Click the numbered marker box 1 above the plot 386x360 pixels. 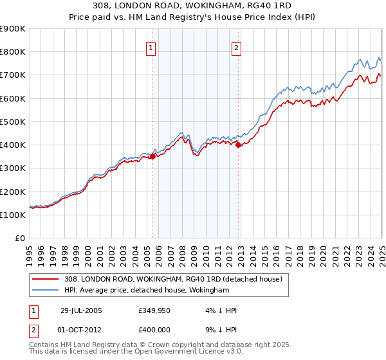pos(151,47)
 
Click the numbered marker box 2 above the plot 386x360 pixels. pos(236,47)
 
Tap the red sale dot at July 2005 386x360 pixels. pos(153,156)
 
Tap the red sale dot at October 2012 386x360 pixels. pos(239,145)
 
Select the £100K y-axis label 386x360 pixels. pos(13,215)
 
